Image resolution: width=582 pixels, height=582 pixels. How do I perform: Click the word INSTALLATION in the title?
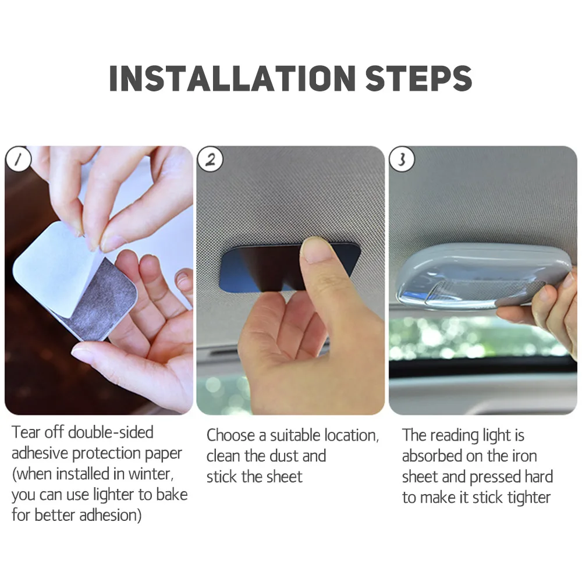(x=232, y=79)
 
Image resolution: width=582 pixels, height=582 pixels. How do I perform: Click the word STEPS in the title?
(x=418, y=79)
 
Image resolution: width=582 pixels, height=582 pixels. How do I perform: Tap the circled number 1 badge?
(x=18, y=159)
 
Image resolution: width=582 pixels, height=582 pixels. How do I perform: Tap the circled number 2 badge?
(x=210, y=159)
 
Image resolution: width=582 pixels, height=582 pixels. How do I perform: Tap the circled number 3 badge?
(x=402, y=159)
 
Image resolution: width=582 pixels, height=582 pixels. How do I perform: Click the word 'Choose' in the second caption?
(x=230, y=435)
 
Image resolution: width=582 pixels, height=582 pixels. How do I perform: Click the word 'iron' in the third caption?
(x=524, y=456)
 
